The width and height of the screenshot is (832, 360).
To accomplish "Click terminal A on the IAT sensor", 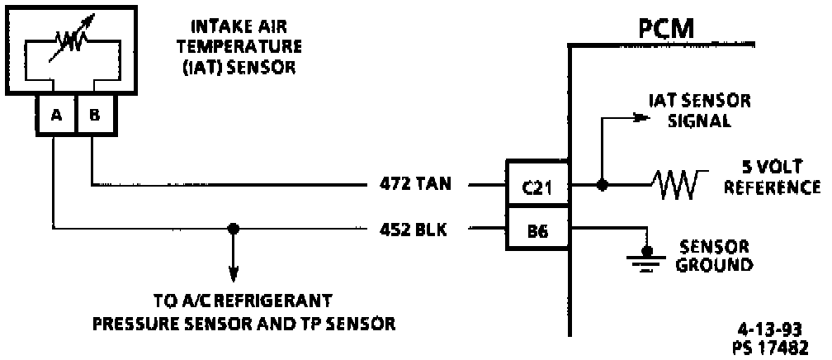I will (56, 116).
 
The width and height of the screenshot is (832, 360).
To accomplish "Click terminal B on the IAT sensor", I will (95, 116).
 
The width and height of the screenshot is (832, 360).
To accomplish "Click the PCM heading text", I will (666, 31).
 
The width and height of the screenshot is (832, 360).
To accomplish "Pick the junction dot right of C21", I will (603, 186).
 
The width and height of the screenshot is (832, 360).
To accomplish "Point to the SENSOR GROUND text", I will (715, 256).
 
